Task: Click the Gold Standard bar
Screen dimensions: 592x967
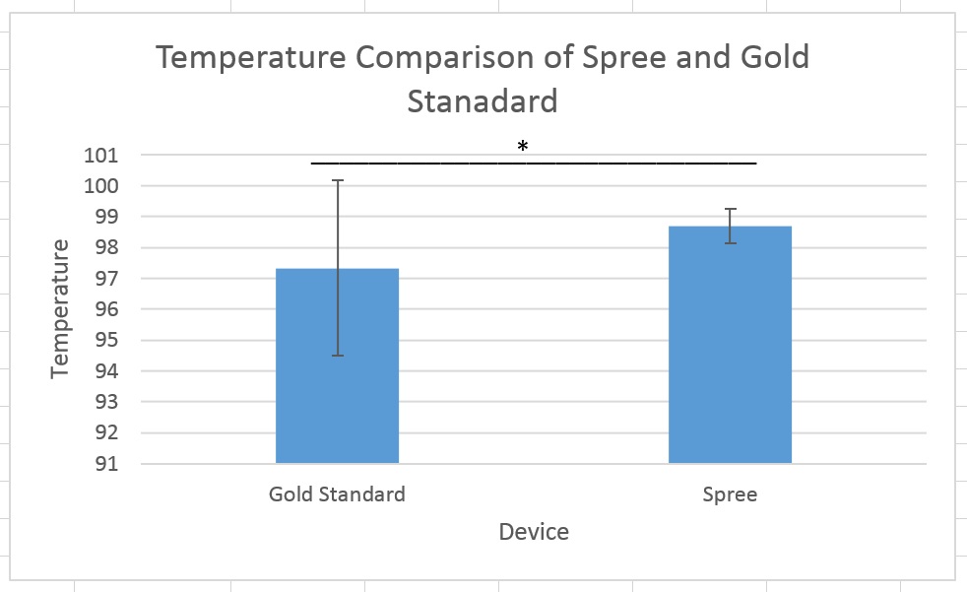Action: click(x=337, y=394)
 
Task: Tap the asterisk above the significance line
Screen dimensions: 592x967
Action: click(x=523, y=147)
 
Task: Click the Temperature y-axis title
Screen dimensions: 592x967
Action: click(x=61, y=307)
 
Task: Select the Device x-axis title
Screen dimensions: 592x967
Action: click(x=534, y=532)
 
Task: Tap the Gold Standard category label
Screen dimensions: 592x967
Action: click(x=337, y=494)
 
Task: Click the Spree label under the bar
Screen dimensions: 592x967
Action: click(x=730, y=494)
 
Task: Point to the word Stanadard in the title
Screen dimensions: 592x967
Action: click(x=483, y=100)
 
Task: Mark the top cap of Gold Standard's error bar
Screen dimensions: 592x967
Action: click(x=337, y=180)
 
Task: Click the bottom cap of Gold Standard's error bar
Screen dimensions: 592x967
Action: click(x=337, y=356)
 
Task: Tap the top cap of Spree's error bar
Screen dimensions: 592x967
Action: click(x=730, y=209)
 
